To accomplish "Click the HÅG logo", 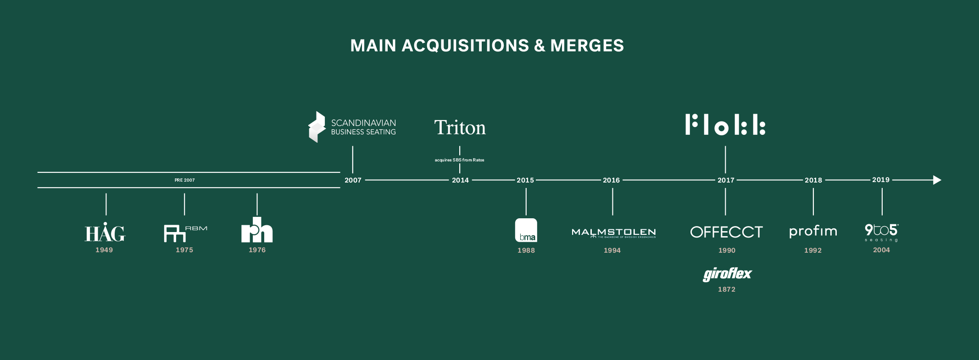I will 105,233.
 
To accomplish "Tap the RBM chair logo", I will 184,233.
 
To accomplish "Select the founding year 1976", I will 257,250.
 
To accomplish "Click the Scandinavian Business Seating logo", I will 352,127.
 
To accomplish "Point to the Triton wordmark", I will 460,127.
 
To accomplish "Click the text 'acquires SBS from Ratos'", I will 459,160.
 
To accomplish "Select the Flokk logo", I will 725,125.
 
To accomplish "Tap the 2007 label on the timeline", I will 353,180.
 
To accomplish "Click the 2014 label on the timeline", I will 460,180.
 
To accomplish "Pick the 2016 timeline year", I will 611,180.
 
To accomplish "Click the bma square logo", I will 526,230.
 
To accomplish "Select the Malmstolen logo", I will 613,233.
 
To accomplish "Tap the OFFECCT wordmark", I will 726,232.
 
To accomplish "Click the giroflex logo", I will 727,274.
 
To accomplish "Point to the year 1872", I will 727,289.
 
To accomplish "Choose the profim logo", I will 813,231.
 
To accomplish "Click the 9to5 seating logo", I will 881,232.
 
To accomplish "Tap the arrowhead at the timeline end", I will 937,180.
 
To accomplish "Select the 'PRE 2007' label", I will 184,180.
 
